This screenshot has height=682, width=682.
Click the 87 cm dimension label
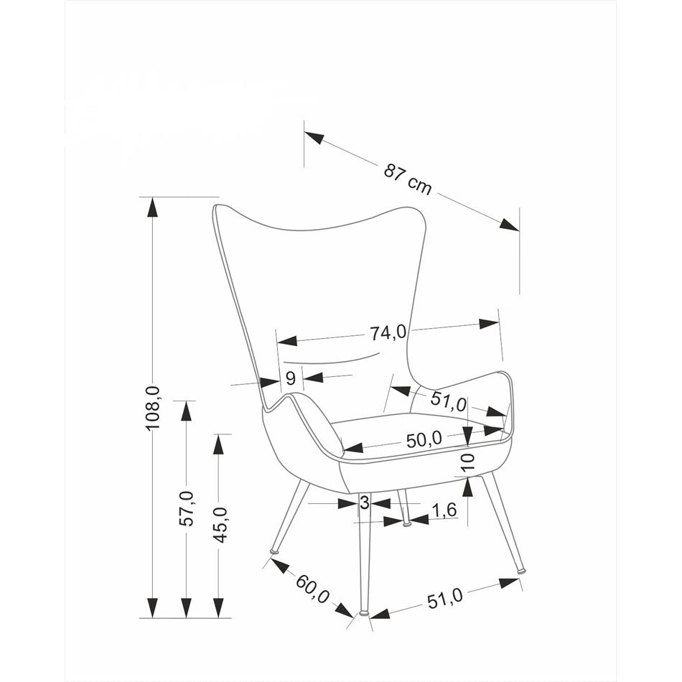(x=407, y=179)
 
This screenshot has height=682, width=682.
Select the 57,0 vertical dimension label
(x=187, y=508)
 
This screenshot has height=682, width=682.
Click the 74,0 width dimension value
(x=388, y=332)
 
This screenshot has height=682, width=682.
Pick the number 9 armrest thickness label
(x=291, y=380)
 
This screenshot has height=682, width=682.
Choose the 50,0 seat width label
(x=424, y=440)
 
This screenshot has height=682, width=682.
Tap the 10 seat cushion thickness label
(x=468, y=463)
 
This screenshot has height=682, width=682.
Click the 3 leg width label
(x=364, y=503)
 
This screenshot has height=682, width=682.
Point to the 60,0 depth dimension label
(x=313, y=588)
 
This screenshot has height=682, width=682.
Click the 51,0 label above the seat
(x=449, y=401)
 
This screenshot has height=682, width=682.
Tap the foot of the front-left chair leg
(x=274, y=551)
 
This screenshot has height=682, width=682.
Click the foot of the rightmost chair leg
(x=521, y=571)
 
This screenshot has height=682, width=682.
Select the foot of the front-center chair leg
(x=364, y=613)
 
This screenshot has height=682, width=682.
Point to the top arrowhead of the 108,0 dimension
(x=152, y=206)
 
